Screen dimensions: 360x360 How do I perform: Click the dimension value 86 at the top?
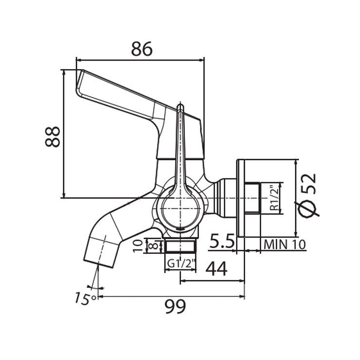[142, 49]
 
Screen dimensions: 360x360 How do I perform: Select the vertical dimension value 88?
[53, 136]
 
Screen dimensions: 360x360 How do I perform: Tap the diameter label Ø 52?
[309, 195]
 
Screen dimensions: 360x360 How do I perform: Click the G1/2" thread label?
[181, 264]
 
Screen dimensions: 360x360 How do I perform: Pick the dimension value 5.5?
[222, 241]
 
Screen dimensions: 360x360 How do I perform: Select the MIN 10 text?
[285, 244]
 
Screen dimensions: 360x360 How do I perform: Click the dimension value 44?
[216, 268]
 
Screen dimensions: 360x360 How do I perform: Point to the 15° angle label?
[85, 298]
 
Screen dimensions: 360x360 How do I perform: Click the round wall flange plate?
[240, 198]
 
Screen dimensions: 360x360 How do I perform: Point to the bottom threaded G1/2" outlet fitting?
[180, 246]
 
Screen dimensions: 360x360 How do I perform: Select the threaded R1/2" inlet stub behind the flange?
[252, 198]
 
